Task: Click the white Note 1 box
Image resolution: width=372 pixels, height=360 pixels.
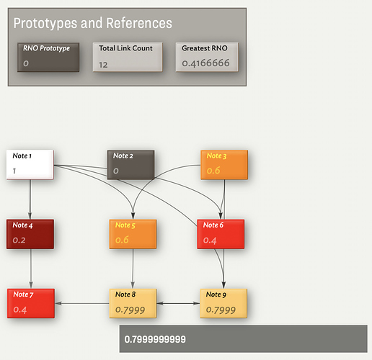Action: (30, 165)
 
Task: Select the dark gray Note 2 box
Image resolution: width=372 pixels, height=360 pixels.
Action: (130, 165)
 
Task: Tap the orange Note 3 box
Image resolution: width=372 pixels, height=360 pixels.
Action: (224, 165)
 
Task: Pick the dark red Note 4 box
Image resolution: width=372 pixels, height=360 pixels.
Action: (30, 234)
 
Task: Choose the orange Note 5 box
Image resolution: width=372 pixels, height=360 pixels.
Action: (133, 234)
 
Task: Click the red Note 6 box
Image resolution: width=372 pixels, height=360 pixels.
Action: (221, 234)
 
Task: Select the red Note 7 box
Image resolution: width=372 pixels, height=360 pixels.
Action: (31, 303)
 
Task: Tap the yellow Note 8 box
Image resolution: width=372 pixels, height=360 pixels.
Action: (133, 303)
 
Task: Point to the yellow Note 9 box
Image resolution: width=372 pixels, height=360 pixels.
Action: (223, 303)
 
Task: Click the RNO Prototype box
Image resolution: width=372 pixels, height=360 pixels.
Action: (48, 57)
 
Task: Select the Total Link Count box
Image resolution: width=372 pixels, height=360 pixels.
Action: (128, 57)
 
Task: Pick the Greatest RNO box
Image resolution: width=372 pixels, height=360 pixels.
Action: (207, 57)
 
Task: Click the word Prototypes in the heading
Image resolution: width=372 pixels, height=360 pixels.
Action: (45, 23)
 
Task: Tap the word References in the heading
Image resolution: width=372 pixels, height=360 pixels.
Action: (139, 23)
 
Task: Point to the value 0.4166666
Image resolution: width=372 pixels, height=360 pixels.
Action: (205, 63)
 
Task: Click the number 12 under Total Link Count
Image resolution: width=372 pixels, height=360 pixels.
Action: (103, 65)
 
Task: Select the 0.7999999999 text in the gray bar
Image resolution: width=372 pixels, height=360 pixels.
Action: (155, 339)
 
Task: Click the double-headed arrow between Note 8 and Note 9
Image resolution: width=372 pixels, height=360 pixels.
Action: (178, 303)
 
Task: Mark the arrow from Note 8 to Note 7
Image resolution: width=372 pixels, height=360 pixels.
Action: (82, 303)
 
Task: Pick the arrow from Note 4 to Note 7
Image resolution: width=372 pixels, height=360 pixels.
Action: (31, 269)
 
